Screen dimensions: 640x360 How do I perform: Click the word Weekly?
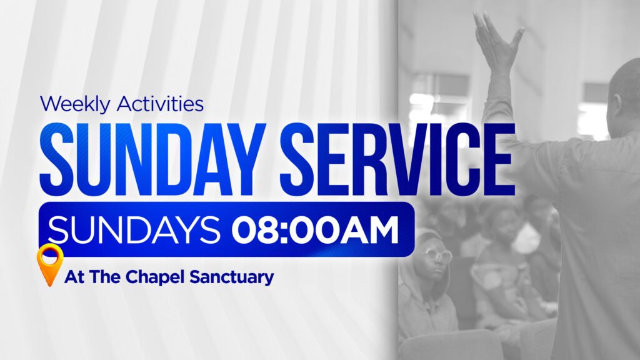(x=75, y=104)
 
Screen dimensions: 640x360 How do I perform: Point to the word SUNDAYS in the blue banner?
(x=134, y=229)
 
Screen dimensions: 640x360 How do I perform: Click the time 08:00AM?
(x=315, y=229)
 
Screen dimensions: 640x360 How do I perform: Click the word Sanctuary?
(x=232, y=277)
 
